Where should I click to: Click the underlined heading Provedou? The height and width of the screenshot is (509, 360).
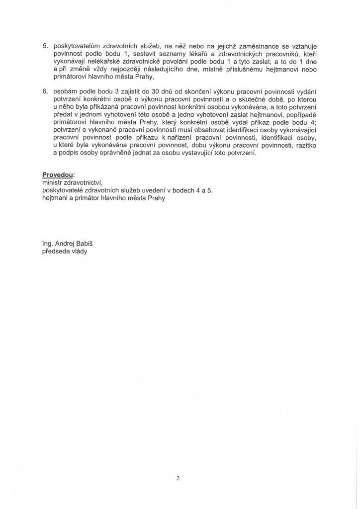click(58, 175)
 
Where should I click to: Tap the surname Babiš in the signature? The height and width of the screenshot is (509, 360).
click(83, 244)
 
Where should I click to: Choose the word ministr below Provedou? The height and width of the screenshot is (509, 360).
click(53, 183)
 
